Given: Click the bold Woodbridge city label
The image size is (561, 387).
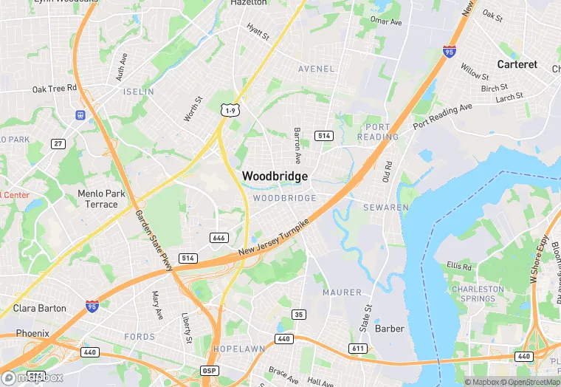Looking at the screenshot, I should (275, 176).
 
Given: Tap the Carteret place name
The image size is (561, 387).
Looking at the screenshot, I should (517, 64).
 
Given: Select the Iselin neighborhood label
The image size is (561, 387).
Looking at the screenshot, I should (139, 92).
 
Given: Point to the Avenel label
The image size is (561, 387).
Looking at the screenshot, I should (316, 69).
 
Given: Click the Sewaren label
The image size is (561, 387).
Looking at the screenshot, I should (385, 208).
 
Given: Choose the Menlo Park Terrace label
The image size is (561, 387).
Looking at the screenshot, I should (97, 199).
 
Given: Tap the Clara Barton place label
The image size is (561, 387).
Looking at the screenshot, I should (39, 308).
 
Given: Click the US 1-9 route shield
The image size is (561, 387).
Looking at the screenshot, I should (230, 110).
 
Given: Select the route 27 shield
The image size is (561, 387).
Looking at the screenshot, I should (58, 143).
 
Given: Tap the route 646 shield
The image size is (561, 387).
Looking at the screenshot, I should (218, 238).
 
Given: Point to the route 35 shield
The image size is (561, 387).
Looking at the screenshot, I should (298, 315).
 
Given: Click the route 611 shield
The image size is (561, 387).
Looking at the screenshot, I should (358, 348).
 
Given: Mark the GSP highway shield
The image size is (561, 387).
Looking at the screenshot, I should (210, 370).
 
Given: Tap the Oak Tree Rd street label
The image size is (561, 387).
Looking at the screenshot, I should (55, 89).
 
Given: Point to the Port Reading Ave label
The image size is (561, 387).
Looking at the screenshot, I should (442, 117).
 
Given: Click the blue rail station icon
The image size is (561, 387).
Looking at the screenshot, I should (80, 115).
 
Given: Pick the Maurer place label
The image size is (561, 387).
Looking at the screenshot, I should (342, 292).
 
